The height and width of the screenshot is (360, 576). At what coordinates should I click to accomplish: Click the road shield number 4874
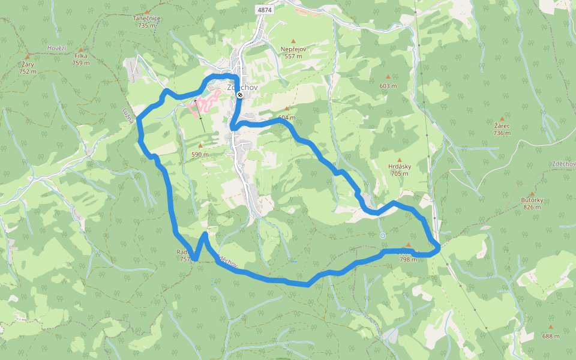[x=264, y=10]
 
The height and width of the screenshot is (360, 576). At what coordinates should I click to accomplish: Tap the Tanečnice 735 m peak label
[x=147, y=22]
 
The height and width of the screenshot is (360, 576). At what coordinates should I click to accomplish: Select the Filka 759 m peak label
[x=80, y=59]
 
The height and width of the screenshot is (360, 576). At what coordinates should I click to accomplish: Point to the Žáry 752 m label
[x=28, y=67]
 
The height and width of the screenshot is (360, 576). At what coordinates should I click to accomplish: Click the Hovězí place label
[x=56, y=48]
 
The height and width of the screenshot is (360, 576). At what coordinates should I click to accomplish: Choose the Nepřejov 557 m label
[x=294, y=53]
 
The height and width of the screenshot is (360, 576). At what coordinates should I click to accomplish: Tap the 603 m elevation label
[x=388, y=86]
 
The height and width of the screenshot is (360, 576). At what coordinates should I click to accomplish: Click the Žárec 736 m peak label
[x=502, y=130]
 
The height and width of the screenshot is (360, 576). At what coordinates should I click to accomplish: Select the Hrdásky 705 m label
[x=399, y=170]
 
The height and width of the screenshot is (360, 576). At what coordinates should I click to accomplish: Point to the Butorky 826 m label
[x=532, y=203]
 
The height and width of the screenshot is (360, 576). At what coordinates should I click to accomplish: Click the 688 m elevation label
[x=551, y=336]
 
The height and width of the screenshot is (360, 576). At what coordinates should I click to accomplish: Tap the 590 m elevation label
[x=200, y=154]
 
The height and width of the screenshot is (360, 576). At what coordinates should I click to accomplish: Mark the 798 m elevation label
[x=408, y=259]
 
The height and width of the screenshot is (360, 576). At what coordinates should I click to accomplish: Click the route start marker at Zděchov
[x=239, y=95]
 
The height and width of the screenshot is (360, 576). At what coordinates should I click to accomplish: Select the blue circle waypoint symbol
[x=382, y=235]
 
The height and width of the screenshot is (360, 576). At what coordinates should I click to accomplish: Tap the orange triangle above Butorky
[x=532, y=193]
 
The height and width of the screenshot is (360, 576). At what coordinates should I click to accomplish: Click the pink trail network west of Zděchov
[x=202, y=106]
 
